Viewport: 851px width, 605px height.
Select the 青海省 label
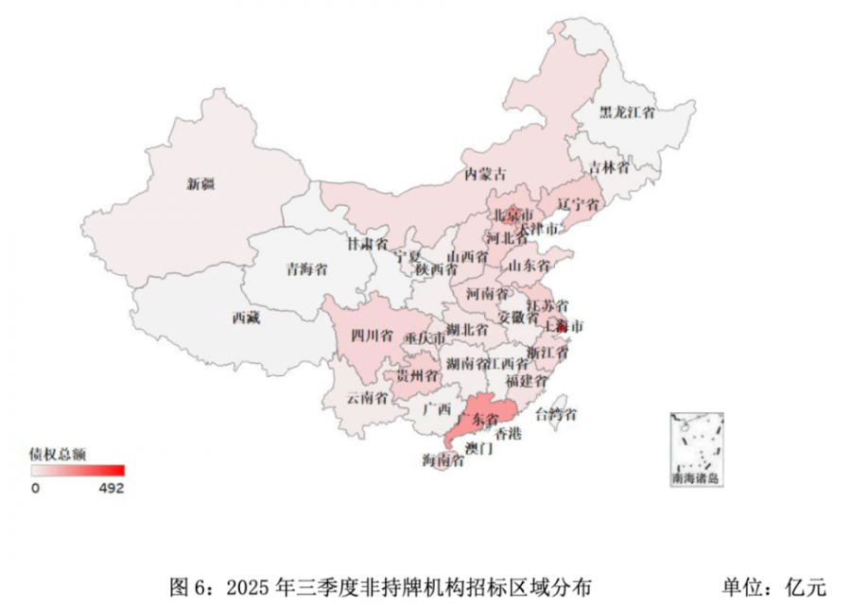(307, 269)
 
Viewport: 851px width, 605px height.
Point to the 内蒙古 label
(485, 174)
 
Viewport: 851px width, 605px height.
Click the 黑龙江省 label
(628, 112)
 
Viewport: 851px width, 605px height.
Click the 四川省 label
(372, 335)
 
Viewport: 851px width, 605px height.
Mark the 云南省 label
(367, 397)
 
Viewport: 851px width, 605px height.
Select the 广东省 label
(478, 418)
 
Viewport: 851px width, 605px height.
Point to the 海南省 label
(443, 460)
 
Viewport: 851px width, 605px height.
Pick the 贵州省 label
(418, 375)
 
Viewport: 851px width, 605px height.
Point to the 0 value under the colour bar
(34, 489)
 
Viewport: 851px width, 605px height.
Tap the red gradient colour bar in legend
(77, 471)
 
